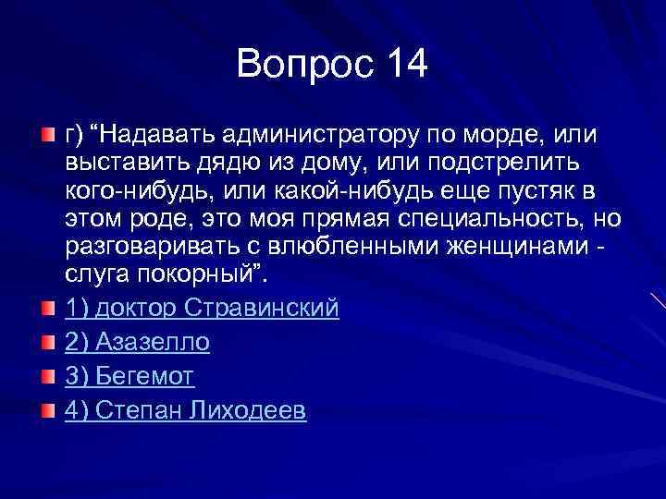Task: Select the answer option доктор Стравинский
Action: [x=202, y=309]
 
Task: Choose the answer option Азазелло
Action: [x=138, y=343]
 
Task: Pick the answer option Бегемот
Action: [x=129, y=377]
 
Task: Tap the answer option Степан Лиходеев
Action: [x=185, y=411]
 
